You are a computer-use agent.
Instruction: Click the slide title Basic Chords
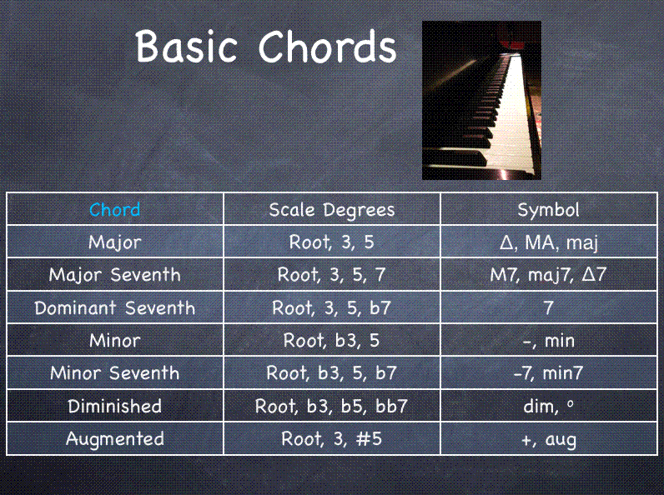tap(266, 47)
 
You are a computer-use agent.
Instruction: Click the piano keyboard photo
tap(476, 100)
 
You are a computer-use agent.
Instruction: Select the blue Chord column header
tap(115, 209)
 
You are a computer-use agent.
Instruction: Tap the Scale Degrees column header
tap(332, 209)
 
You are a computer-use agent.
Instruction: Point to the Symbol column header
tap(548, 209)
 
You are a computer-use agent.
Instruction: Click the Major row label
tap(115, 242)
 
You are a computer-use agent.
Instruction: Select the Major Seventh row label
tap(115, 275)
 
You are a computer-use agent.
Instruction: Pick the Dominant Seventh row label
tap(115, 307)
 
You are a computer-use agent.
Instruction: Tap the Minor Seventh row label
tap(115, 372)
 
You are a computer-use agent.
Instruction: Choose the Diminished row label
tap(115, 406)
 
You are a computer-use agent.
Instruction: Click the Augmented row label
tap(115, 438)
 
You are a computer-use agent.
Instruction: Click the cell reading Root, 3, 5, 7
tap(332, 275)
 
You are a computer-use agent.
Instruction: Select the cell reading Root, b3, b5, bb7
tap(332, 406)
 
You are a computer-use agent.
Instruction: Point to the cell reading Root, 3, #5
tap(332, 438)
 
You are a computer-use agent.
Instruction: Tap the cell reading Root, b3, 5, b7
tap(332, 372)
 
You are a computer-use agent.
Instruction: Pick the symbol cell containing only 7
tap(548, 307)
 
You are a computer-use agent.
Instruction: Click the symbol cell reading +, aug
tap(548, 438)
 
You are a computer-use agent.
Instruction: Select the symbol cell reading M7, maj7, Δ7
tap(548, 275)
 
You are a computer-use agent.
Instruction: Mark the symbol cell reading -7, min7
tap(548, 372)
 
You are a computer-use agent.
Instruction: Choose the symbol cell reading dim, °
tap(548, 406)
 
